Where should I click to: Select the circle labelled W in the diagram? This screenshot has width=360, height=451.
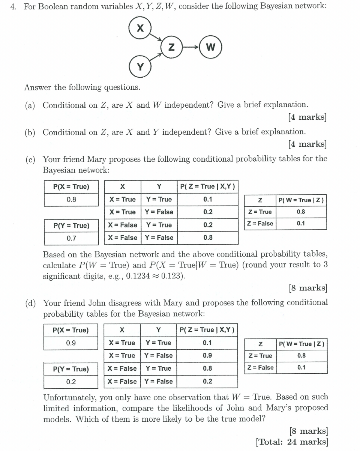click(x=211, y=47)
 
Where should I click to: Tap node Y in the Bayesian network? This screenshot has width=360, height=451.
click(x=140, y=67)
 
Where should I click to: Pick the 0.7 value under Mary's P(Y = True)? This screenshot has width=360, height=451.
click(x=71, y=238)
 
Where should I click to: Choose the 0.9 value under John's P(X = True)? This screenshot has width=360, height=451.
click(x=70, y=343)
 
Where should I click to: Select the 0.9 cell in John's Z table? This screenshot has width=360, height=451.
click(x=207, y=356)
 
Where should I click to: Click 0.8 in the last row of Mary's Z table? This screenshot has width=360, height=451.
click(x=208, y=238)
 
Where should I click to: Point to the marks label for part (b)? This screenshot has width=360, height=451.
click(x=307, y=144)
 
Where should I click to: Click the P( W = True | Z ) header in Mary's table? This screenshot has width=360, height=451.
click(x=301, y=200)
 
